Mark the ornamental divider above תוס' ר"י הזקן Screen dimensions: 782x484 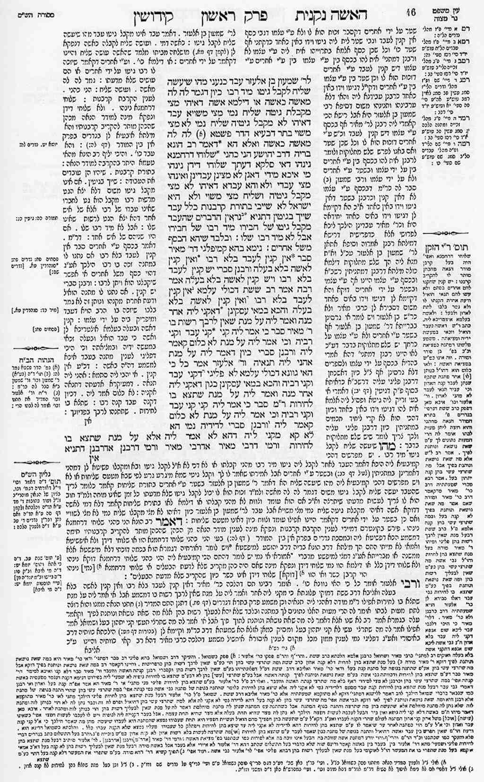(452, 234)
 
